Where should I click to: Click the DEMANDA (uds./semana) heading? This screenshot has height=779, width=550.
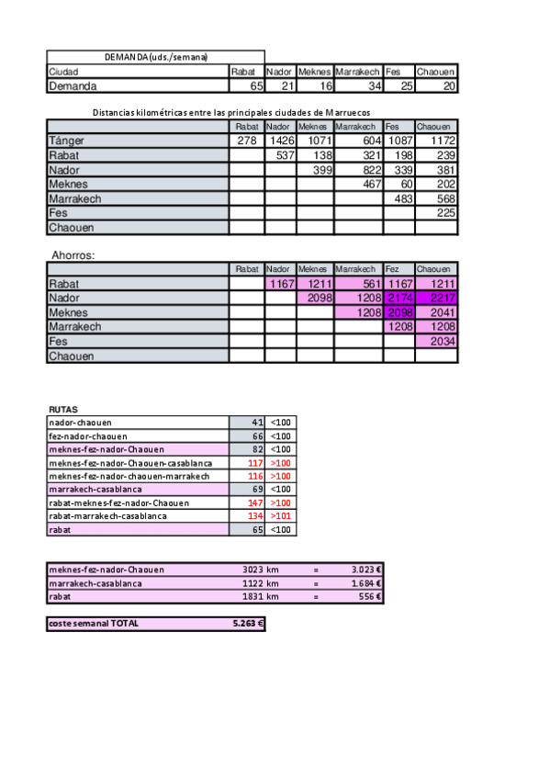click(x=155, y=57)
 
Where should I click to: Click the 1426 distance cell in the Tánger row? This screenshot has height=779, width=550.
click(x=280, y=141)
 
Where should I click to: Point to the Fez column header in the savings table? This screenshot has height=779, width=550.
click(x=393, y=269)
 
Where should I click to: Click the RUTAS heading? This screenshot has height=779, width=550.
click(x=63, y=410)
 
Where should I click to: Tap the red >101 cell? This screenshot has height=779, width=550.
click(x=280, y=516)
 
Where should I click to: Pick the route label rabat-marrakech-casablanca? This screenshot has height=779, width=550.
click(x=108, y=516)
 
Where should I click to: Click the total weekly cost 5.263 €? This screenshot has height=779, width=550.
click(x=247, y=623)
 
